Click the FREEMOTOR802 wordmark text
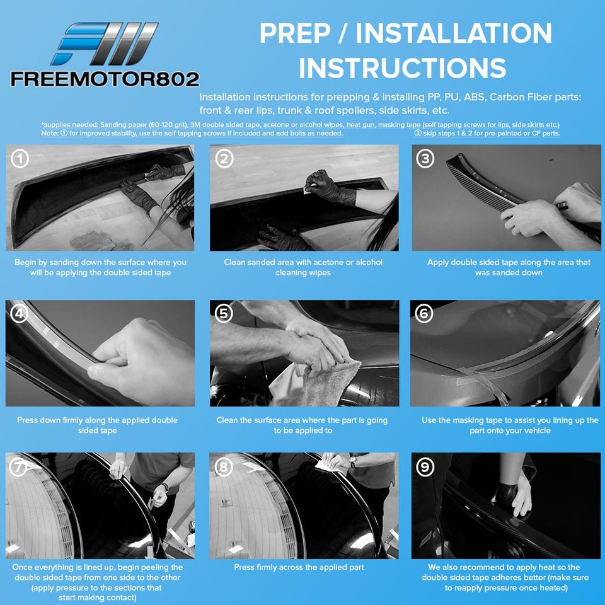[x=105, y=79]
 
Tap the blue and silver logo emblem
[x=105, y=43]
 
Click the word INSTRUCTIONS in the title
[x=403, y=68]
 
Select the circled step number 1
[x=20, y=159]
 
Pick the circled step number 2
[x=224, y=159]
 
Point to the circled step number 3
[x=425, y=159]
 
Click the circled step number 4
[x=20, y=313]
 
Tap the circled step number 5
[x=224, y=313]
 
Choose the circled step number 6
[x=424, y=313]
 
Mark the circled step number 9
[x=425, y=467]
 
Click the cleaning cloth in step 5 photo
[x=316, y=384]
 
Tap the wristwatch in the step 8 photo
[x=352, y=461]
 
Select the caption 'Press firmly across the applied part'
[x=299, y=567]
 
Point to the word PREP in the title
[x=295, y=33]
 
